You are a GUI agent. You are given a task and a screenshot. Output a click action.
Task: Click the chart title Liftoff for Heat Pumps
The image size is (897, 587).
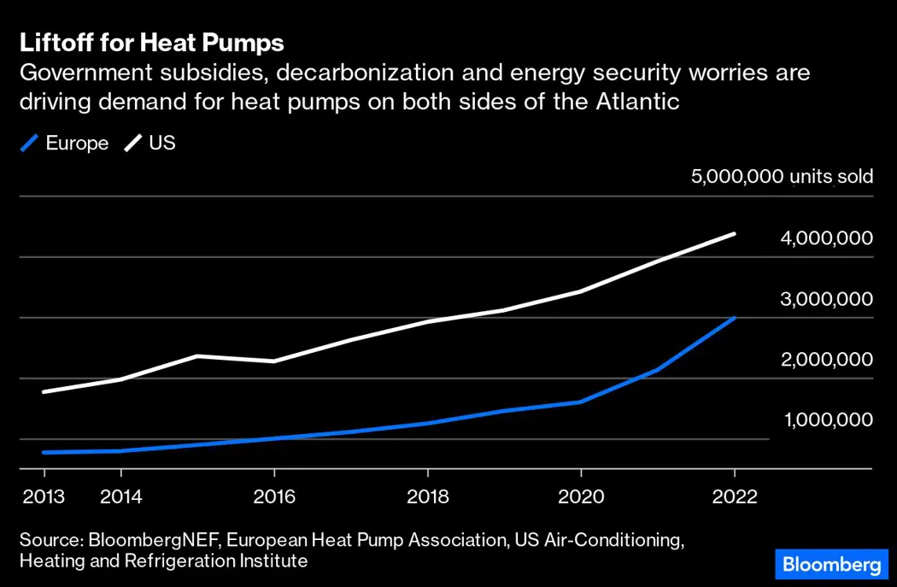151,43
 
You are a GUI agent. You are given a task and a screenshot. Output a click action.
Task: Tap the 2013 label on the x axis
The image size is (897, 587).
44,496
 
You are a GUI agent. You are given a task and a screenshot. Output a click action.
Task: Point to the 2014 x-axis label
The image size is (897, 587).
120,496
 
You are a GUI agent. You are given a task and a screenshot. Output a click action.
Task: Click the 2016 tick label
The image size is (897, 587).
273,496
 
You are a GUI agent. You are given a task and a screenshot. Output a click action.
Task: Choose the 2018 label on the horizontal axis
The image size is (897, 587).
427,496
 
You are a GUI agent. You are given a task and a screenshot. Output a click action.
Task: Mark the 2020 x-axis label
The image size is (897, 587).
581,496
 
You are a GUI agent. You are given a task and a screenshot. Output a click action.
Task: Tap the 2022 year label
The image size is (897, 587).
734,496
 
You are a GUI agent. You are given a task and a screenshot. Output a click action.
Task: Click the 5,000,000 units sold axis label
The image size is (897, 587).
782,177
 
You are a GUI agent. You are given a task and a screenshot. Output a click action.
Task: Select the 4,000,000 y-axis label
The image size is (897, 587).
826,238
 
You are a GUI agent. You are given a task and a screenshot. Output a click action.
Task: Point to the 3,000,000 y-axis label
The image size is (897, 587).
826,299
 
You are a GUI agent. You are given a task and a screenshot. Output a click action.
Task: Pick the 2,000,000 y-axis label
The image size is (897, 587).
826,360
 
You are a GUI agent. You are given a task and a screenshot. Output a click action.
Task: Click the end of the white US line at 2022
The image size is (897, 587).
734,233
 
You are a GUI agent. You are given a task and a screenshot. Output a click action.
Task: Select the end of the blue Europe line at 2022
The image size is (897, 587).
734,318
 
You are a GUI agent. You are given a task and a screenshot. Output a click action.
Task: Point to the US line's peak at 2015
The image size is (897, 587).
197,355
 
